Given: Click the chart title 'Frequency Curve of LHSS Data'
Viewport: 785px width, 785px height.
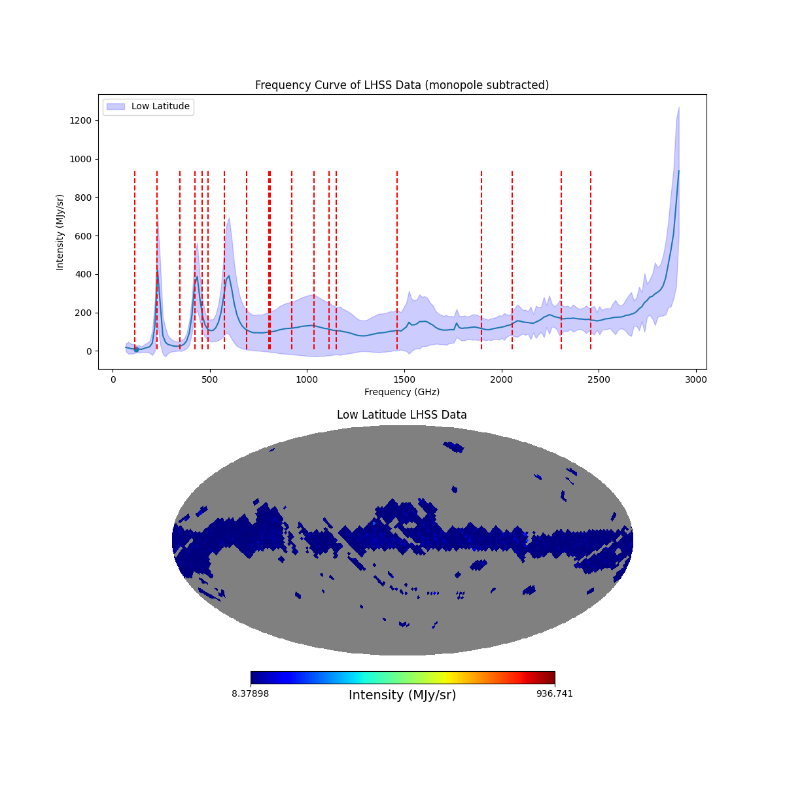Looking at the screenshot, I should [x=402, y=85].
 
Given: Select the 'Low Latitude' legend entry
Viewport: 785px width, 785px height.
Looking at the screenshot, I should [x=160, y=107].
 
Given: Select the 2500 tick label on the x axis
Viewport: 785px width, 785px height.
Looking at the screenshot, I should [x=599, y=379].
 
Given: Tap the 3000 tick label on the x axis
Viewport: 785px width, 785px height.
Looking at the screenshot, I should [x=696, y=379].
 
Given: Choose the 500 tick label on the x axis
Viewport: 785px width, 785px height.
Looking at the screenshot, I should [x=210, y=379].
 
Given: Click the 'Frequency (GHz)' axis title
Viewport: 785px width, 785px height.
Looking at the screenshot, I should [x=402, y=392].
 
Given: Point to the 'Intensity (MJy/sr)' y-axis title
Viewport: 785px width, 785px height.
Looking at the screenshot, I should [x=60, y=232].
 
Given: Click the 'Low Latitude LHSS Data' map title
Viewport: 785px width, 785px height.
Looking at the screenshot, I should [x=402, y=415].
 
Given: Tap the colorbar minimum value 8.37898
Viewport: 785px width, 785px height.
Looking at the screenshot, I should [x=250, y=693].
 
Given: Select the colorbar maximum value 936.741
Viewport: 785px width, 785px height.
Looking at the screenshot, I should [x=555, y=693].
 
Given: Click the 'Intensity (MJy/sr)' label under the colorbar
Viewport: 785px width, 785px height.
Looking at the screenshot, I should [x=402, y=695].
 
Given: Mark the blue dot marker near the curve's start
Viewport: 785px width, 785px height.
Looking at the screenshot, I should [x=136, y=349].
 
